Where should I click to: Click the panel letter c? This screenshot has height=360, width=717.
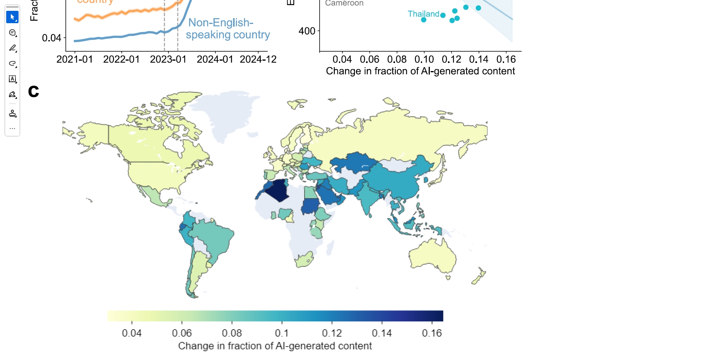point(34,92)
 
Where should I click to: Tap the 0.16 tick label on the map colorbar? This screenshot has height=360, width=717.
point(431,333)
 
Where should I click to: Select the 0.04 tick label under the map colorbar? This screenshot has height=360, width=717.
point(131,333)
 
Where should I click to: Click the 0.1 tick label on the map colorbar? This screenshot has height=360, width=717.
point(281,333)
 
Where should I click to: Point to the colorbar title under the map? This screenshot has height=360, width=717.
point(275,346)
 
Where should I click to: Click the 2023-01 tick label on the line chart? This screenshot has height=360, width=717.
point(168,59)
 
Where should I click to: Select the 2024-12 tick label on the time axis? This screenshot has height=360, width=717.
point(258,59)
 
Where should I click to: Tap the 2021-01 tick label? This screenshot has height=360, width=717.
point(75,59)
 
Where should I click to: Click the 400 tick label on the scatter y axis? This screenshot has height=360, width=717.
point(307,31)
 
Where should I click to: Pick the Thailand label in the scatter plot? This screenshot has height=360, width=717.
point(423,14)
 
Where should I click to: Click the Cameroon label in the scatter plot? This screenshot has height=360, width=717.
point(344,3)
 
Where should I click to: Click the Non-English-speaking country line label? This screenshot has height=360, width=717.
point(227,29)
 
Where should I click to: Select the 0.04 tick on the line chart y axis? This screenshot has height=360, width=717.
point(51,38)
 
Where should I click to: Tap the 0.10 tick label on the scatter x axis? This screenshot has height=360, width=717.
point(424,59)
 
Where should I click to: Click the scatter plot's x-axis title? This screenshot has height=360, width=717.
point(420,71)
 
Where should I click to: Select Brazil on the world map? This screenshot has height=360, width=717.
point(211,236)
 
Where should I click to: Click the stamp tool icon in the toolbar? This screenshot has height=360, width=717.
point(12,113)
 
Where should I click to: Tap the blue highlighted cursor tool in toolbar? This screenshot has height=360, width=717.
point(12,17)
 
